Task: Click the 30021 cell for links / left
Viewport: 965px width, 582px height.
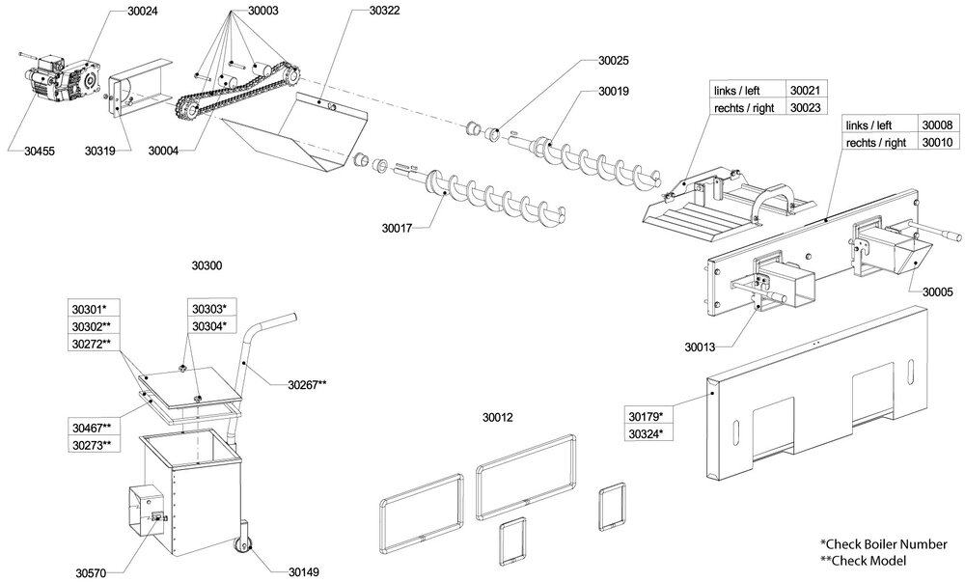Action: point(805,90)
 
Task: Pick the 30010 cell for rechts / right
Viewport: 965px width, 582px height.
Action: point(937,143)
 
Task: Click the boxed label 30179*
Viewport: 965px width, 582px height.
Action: point(646,417)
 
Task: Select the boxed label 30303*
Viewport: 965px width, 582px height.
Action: point(208,309)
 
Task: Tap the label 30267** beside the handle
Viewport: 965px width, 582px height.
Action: point(307,384)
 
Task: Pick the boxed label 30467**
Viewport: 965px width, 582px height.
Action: point(92,428)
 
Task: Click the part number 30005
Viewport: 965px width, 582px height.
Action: point(938,291)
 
